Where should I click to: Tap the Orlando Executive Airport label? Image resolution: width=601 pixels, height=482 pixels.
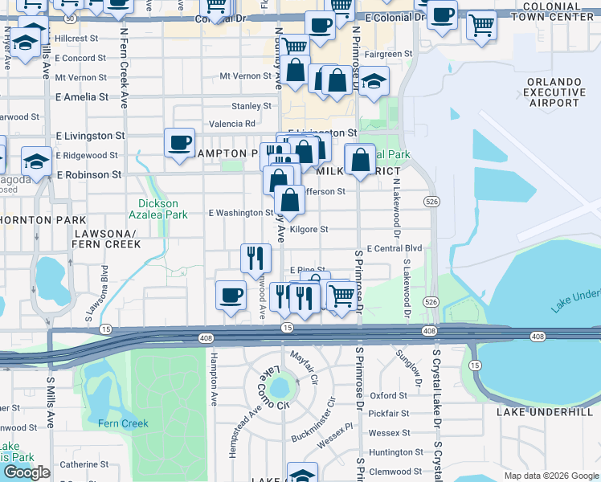pyautogui.click(x=565, y=92)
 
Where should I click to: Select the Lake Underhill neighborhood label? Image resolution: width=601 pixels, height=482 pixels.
pyautogui.click(x=549, y=412)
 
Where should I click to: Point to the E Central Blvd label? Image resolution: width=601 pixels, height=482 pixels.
pyautogui.click(x=394, y=249)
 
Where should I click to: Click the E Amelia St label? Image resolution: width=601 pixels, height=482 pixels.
pyautogui.click(x=81, y=96)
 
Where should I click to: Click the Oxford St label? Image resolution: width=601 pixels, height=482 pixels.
pyautogui.click(x=411, y=395)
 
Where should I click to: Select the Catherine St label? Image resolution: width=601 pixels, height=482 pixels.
pyautogui.click(x=84, y=464)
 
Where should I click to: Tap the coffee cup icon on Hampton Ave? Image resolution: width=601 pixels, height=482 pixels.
pyautogui.click(x=231, y=294)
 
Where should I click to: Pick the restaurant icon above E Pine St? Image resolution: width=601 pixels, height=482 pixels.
pyautogui.click(x=255, y=258)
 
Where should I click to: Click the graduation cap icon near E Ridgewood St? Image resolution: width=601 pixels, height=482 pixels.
pyautogui.click(x=36, y=161)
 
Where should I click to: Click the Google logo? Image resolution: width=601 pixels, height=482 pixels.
pyautogui.click(x=27, y=472)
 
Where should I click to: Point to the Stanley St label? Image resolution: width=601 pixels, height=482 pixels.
pyautogui.click(x=251, y=106)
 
